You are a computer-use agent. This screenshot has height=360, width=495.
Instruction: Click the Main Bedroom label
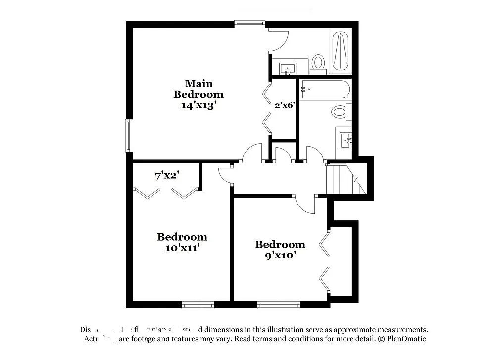[x=198, y=89]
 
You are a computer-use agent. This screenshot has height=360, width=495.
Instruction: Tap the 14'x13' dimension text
[x=198, y=105]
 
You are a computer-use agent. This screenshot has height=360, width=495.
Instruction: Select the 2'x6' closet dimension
[x=285, y=105]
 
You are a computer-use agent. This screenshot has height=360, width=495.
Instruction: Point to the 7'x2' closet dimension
[x=167, y=176]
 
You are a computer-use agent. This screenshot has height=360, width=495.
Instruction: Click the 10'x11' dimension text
[x=182, y=248]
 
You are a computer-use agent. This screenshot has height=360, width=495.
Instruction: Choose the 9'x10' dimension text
[x=280, y=256]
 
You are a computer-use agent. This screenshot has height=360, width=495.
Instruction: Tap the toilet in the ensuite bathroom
[x=318, y=62]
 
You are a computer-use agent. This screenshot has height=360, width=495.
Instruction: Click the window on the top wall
[x=249, y=23]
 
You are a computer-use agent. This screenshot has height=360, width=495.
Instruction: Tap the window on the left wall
[x=128, y=136]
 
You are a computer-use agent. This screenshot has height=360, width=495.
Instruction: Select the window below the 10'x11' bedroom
[x=198, y=305]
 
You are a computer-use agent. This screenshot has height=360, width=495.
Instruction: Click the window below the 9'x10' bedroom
[x=279, y=305]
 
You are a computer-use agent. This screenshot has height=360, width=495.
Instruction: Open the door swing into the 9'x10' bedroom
[x=305, y=204]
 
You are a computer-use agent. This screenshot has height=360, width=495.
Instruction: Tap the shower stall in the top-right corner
[x=341, y=51]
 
